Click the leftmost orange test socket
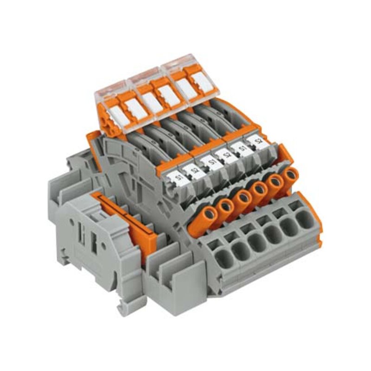pos(208,214)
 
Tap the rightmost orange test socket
pos(291,176)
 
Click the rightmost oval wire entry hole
pos(305,219)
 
